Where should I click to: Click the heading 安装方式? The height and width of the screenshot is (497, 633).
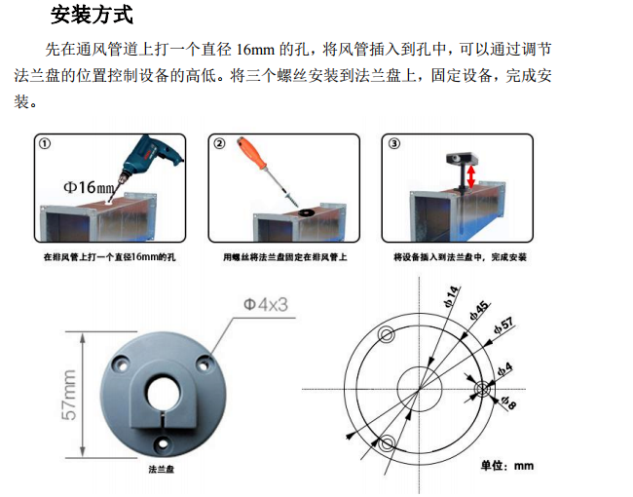92,15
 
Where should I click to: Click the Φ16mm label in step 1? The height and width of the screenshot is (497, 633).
89,187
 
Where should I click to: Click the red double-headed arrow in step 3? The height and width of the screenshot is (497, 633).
470,177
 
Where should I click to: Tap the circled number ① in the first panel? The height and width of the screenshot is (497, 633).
45,143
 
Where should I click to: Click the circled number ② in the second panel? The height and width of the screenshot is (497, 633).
219,143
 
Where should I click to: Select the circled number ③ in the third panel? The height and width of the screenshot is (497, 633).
394,143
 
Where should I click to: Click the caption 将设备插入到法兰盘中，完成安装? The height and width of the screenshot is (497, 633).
461,257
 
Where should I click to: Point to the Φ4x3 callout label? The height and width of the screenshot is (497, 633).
266,304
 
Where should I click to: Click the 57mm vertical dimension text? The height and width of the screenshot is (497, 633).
69,395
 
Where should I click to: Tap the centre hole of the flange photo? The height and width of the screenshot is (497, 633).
163,394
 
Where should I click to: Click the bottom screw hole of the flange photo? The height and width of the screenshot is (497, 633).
163,443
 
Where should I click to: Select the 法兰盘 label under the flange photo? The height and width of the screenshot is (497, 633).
161,469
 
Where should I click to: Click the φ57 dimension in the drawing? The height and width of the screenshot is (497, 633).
503,325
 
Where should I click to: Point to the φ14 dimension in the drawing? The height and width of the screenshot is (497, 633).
452,296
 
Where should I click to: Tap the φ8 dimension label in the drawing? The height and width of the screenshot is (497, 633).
508,402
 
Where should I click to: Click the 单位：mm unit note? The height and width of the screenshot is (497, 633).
507,466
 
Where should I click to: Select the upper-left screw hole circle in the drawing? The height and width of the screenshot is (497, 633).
387,334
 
